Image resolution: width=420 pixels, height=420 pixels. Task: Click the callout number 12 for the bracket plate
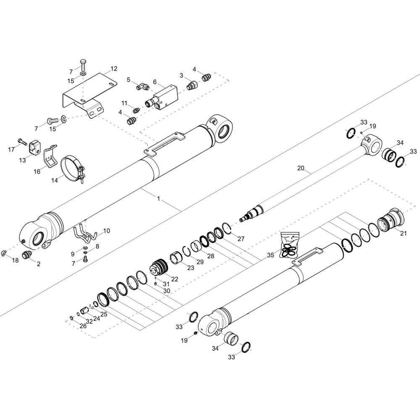point(114,69)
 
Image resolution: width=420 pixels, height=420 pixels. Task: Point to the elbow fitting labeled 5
point(143,87)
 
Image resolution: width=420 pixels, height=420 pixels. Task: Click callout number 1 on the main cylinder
point(159,199)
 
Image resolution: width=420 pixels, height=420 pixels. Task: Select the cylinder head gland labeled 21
point(391,220)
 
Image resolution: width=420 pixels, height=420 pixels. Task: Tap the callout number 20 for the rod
point(301,168)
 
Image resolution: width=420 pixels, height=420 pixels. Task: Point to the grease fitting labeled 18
point(4,252)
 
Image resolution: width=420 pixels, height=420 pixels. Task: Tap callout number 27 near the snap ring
point(241,239)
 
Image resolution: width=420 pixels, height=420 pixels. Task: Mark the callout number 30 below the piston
point(167,291)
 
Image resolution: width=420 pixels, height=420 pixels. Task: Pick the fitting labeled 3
point(192,86)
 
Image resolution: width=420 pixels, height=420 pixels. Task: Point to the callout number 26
point(83,326)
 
